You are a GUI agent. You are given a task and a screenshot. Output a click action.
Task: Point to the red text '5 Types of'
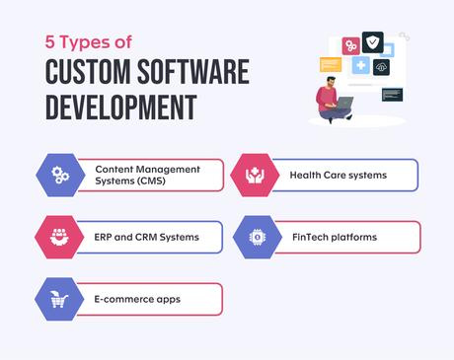[x=88, y=42]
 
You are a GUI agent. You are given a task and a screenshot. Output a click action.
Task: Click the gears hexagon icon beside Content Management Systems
[x=60, y=175]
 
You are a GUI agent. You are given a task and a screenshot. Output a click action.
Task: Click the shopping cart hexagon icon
[x=59, y=298]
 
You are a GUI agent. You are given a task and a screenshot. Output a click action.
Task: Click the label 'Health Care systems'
[x=338, y=176]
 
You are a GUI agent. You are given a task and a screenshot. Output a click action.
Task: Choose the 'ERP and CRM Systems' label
[x=147, y=237]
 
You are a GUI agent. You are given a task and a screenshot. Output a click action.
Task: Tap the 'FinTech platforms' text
[x=334, y=237]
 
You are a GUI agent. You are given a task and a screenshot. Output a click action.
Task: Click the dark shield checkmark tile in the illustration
[x=372, y=41]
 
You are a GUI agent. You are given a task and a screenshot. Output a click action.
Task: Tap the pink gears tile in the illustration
[x=350, y=45]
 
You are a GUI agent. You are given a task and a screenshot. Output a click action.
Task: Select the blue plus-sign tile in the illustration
[x=361, y=65]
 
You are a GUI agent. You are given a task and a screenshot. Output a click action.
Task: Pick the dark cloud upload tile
[x=381, y=67]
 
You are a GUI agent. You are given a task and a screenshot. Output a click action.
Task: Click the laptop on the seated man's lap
[x=344, y=102]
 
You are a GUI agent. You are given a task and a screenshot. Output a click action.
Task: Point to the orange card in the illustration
[x=330, y=65]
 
